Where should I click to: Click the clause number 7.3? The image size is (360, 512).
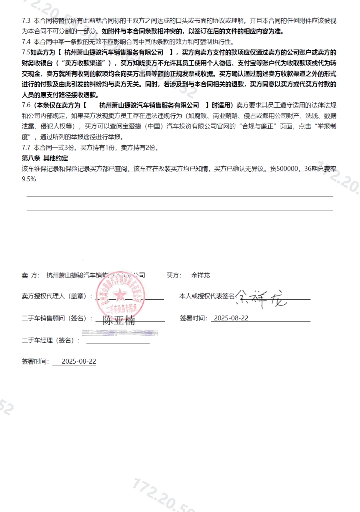tap(26, 20)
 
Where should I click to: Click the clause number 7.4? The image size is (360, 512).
tap(26, 41)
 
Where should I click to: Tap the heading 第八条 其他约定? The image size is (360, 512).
tap(45, 158)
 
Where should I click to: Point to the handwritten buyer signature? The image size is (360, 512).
tap(262, 298)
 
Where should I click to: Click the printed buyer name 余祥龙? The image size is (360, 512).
tap(200, 275)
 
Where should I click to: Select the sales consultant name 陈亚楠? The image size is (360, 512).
tap(119, 320)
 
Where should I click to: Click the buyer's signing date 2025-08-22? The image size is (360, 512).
tap(231, 318)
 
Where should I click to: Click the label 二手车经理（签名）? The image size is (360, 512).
tap(51, 340)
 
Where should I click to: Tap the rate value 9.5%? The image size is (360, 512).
tap(29, 179)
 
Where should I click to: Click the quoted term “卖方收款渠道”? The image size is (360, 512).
tap(85, 63)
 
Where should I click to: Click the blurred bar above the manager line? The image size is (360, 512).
tap(120, 333)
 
